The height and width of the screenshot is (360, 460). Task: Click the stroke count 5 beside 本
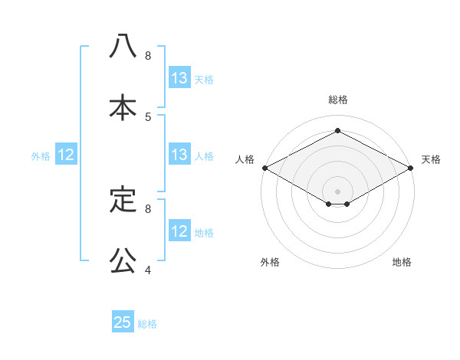pos(148,116)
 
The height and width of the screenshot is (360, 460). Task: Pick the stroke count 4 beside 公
pos(148,270)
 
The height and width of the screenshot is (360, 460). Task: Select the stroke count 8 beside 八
pos(148,56)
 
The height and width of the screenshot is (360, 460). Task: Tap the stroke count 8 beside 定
pos(148,208)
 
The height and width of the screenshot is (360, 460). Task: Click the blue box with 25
pos(123,322)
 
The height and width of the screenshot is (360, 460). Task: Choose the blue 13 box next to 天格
pos(179,78)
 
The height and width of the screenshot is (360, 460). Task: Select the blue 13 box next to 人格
pos(179,155)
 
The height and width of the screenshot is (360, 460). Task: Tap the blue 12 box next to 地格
pos(179,231)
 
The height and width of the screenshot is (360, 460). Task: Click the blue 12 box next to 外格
pos(66,155)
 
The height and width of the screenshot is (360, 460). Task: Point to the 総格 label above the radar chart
pos(338,100)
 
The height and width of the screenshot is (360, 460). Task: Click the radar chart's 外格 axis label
pos(270,262)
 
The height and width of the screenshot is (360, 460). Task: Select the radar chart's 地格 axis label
pos(402,262)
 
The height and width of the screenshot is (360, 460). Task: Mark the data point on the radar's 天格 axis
pos(412,168)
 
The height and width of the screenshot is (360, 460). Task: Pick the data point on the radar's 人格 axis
pos(264,168)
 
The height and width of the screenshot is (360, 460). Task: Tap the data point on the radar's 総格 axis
pos(338,131)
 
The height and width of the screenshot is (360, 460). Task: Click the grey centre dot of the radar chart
pos(338,191)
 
